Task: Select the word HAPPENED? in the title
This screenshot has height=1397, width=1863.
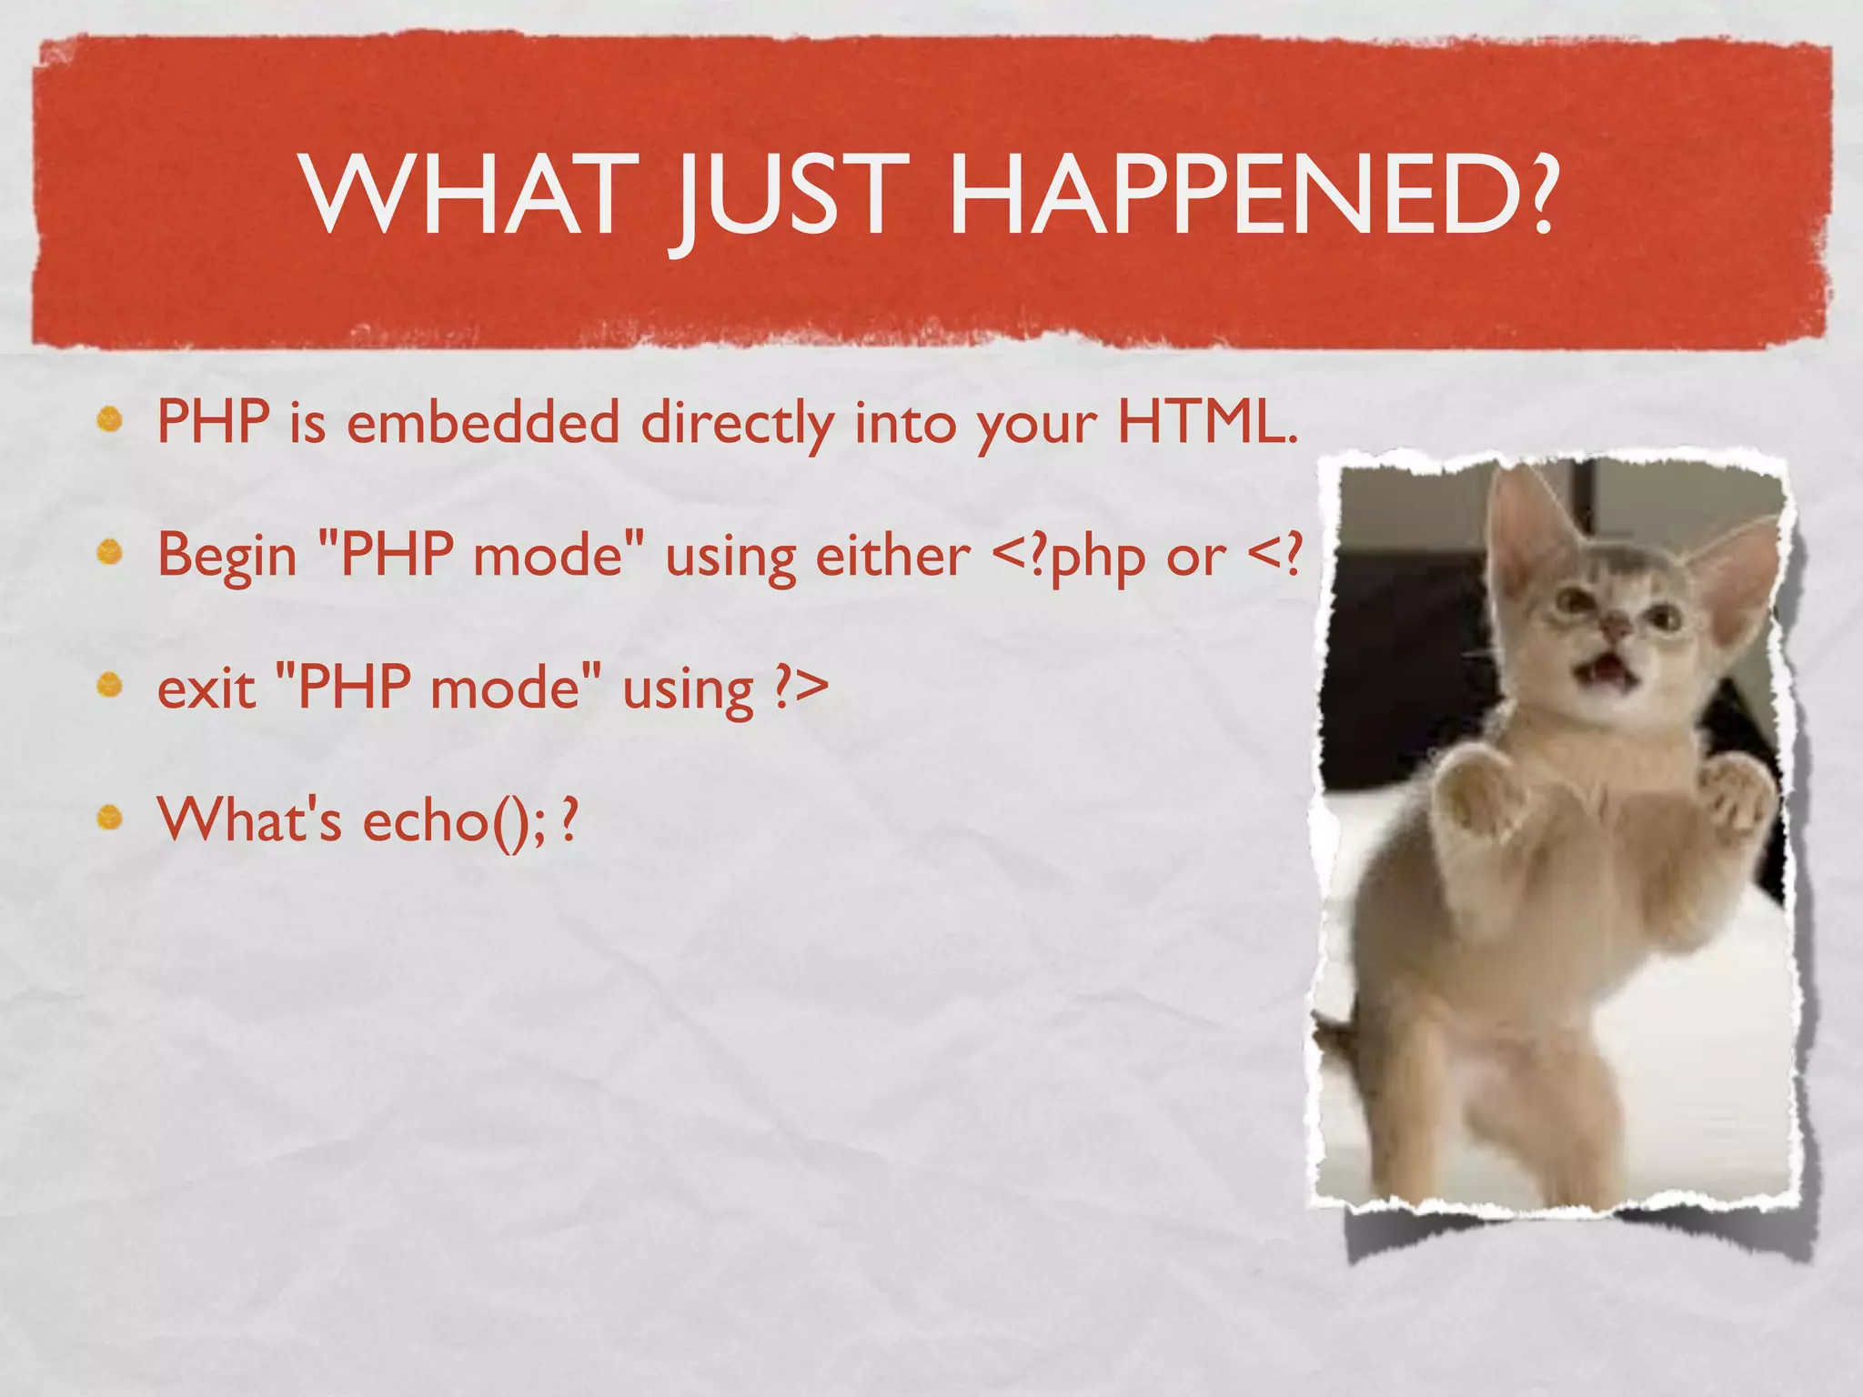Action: point(1251,195)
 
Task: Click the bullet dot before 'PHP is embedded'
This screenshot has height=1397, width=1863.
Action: point(110,420)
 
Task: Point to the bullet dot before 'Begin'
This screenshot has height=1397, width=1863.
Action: point(110,552)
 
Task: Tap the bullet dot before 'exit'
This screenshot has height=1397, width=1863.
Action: point(110,685)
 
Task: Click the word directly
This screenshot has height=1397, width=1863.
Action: point(737,424)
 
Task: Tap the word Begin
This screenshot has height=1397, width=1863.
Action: point(227,555)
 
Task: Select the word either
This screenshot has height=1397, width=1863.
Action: point(892,554)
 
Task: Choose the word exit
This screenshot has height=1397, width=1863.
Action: point(206,688)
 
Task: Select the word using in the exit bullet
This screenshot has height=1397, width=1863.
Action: point(688,690)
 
